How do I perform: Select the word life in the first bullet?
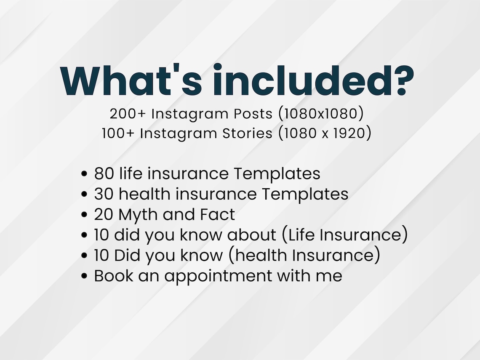(129, 173)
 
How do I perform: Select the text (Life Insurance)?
(346, 235)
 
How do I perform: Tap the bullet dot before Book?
(85, 277)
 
